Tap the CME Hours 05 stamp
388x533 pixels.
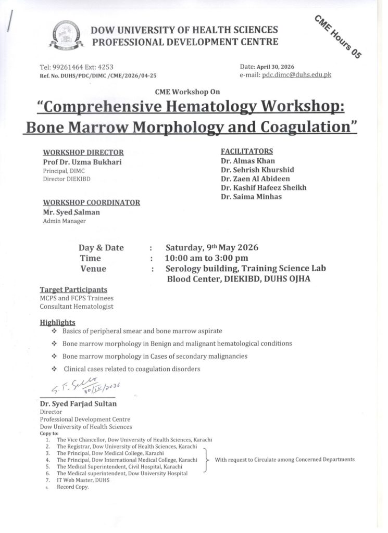tap(337, 36)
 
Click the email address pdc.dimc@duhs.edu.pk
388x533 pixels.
tap(296, 75)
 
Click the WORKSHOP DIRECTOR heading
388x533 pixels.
tap(83, 153)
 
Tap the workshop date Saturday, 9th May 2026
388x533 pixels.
tap(211, 248)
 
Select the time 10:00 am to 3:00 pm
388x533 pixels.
tap(206, 258)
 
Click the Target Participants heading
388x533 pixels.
tap(73, 289)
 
